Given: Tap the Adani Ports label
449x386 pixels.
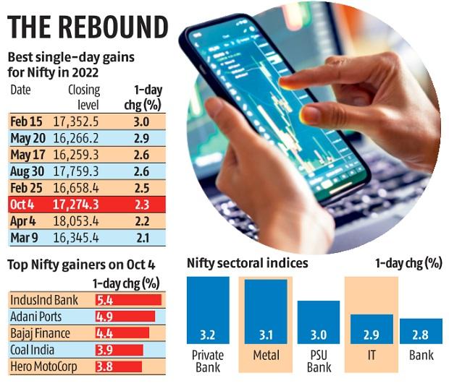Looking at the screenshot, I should click(36, 316).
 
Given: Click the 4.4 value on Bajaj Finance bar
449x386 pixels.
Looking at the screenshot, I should click(105, 333).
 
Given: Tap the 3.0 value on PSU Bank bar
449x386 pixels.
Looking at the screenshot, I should click(319, 336).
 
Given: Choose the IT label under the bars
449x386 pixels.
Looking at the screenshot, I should click(372, 356).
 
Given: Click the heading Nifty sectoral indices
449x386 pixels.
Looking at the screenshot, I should click(247, 263).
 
